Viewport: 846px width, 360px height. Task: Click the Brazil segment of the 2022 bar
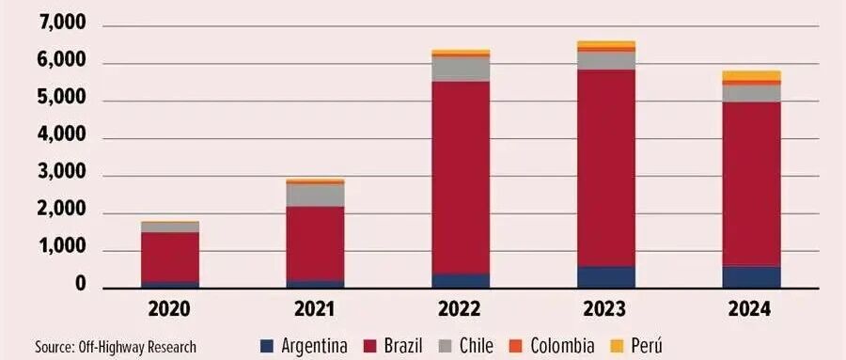click(461, 178)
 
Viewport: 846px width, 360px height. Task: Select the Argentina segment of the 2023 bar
click(606, 277)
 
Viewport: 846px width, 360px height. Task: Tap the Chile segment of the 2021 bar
click(315, 196)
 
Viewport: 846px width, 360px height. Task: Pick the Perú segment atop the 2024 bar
click(752, 75)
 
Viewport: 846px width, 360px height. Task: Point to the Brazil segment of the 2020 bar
click(170, 257)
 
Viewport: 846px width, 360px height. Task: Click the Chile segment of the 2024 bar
click(752, 94)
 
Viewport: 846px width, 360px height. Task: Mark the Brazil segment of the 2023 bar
click(606, 168)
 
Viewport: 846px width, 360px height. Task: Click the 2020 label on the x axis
click(169, 310)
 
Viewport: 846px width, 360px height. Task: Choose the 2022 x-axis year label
click(460, 310)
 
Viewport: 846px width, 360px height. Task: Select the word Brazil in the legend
click(403, 345)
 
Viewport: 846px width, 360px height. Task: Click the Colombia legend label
click(562, 345)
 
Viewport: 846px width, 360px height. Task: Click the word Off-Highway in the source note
click(107, 347)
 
